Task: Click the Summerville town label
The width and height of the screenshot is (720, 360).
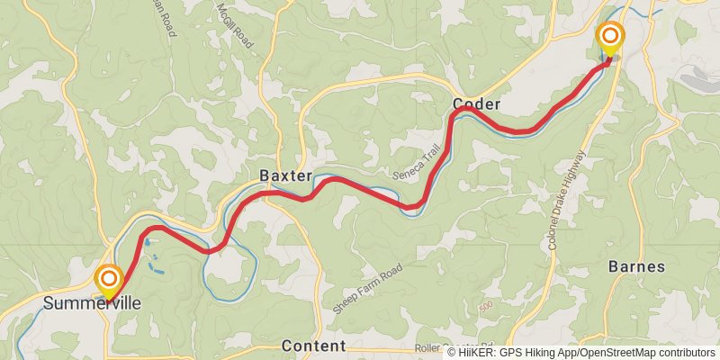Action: click(92, 304)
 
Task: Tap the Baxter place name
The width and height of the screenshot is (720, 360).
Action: click(285, 175)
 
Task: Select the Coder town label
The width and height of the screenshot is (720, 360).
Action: click(476, 104)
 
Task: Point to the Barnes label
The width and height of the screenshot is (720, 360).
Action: click(636, 266)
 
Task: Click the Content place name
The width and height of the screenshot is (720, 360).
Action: click(313, 346)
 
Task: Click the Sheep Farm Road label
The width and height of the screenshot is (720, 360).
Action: click(366, 289)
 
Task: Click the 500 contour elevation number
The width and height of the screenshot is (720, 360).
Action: click(487, 306)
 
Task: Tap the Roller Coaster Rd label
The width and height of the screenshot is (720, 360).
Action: click(454, 346)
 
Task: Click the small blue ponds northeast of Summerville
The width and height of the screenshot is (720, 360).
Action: click(156, 265)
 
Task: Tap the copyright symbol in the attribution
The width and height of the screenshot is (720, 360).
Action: click(452, 353)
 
